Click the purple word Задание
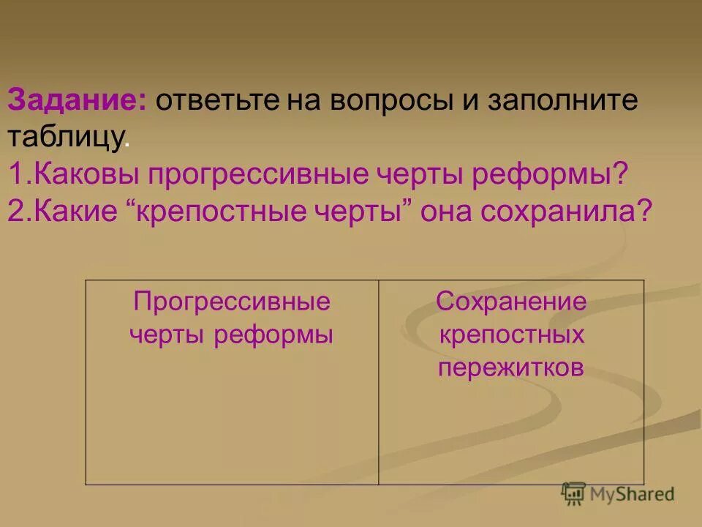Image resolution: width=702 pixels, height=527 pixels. pyautogui.click(x=77, y=101)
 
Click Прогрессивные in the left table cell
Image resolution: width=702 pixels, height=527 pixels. pyautogui.click(x=231, y=302)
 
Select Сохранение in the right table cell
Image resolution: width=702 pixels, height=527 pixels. pyautogui.click(x=511, y=302)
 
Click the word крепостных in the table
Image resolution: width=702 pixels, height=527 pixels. pyautogui.click(x=511, y=334)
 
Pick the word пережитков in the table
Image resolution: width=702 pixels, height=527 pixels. pyautogui.click(x=511, y=367)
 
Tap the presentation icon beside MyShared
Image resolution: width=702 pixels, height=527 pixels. pyautogui.click(x=574, y=493)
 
